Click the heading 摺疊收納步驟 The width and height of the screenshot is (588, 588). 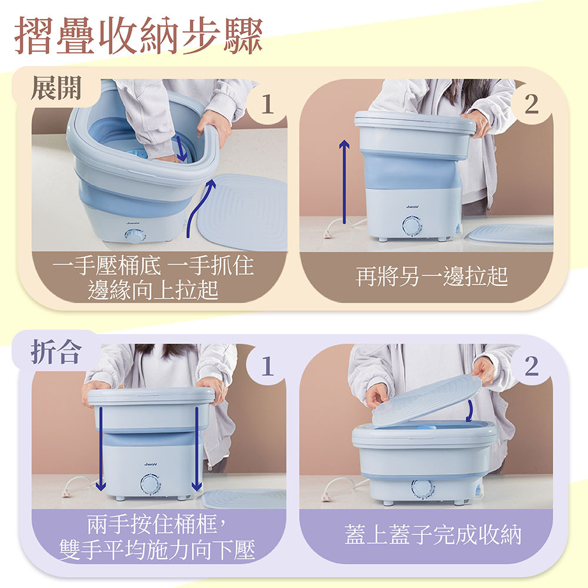[138, 36]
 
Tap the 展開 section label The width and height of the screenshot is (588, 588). [56, 88]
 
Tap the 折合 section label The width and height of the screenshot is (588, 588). [56, 352]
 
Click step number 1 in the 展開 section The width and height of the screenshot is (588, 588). [267, 104]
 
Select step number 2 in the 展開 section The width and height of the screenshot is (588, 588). [532, 104]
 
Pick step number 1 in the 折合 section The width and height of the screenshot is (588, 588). [267, 366]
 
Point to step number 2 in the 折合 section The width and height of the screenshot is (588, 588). [532, 366]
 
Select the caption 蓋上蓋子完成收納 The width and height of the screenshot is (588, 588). [433, 534]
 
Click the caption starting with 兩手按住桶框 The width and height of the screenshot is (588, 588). [158, 537]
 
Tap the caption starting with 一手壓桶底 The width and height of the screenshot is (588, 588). [153, 278]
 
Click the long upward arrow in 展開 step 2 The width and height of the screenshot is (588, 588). [344, 182]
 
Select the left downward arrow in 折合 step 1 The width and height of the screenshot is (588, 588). [101, 449]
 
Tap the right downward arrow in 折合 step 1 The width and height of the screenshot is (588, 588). [197, 449]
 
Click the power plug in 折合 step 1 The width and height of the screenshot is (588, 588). [66, 490]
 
